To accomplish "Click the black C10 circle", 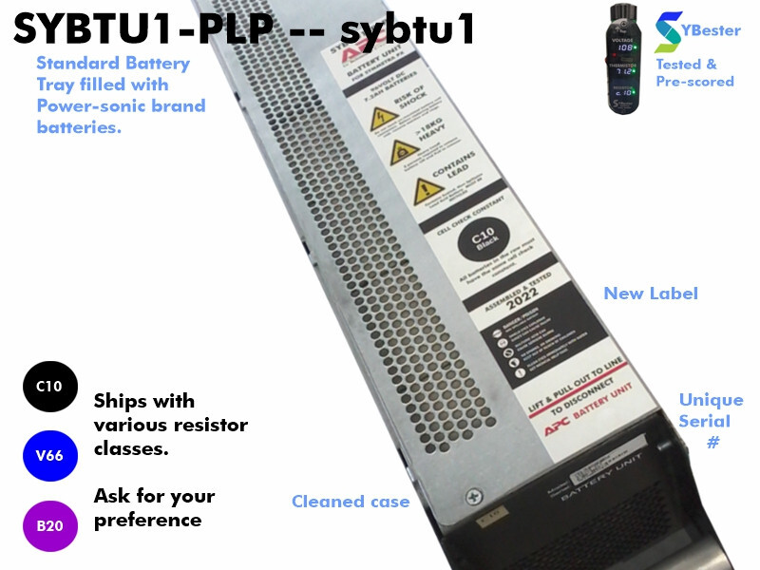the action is pyautogui.click(x=49, y=386).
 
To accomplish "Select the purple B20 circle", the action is pyautogui.click(x=49, y=524).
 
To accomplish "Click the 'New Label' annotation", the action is pyautogui.click(x=651, y=294).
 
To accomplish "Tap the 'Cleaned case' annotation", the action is pyautogui.click(x=351, y=502).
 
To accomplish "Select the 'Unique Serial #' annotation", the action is pyautogui.click(x=711, y=421).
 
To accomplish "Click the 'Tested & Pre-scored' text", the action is pyautogui.click(x=694, y=73).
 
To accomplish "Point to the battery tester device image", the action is pyautogui.click(x=629, y=58).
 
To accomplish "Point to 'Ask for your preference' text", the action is pyautogui.click(x=154, y=508).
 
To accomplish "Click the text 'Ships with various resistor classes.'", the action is pyautogui.click(x=170, y=425).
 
